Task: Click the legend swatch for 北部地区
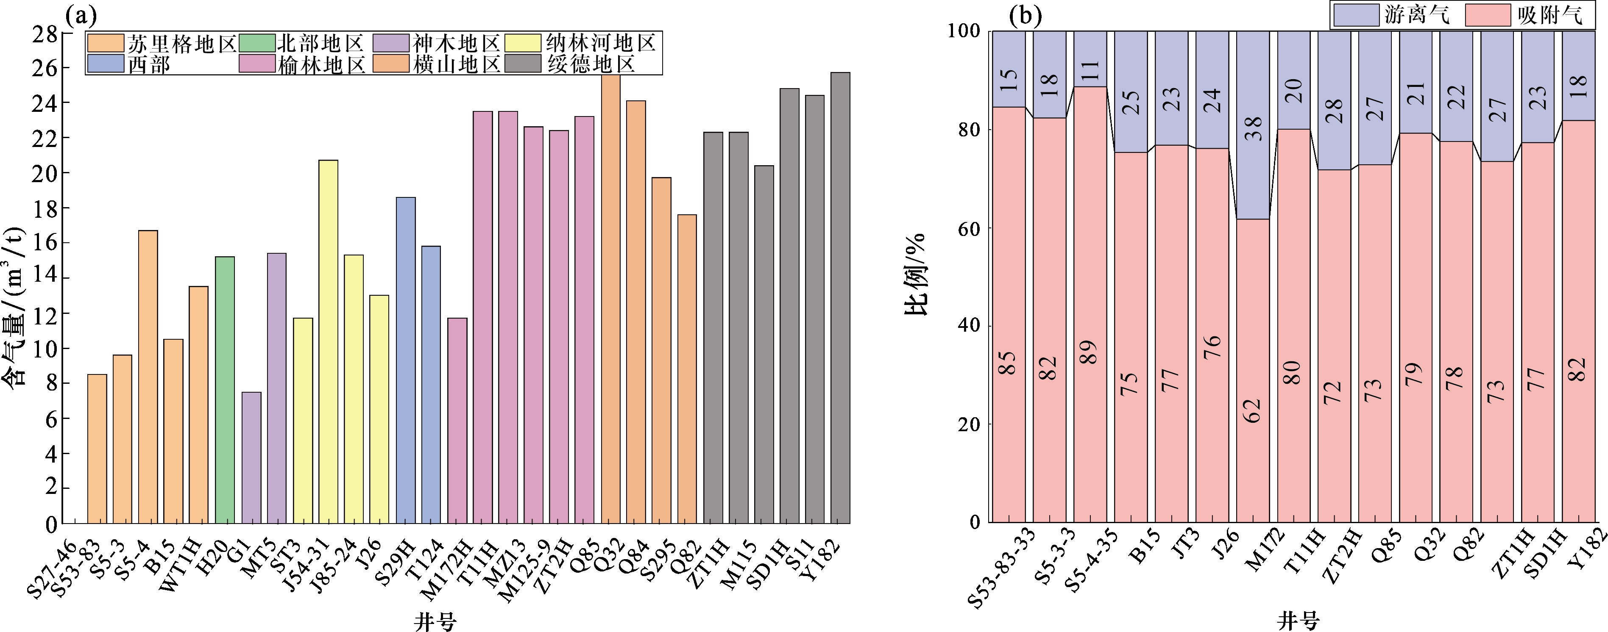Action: (x=257, y=43)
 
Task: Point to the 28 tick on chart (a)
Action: (x=45, y=34)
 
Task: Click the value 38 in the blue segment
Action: (x=1253, y=128)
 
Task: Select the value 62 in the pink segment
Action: (x=1252, y=410)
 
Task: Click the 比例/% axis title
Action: (x=916, y=274)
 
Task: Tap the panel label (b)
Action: (x=1026, y=16)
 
